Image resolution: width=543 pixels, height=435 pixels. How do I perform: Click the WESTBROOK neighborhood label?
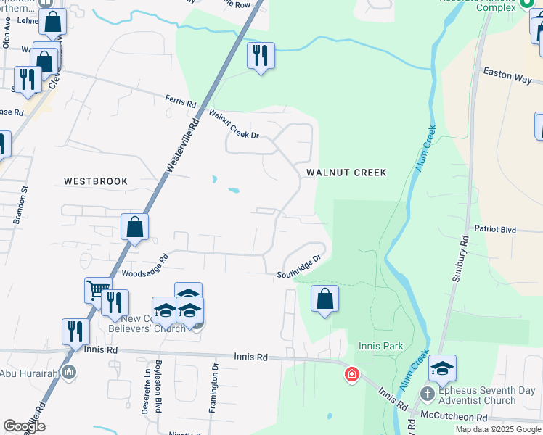[x=95, y=181]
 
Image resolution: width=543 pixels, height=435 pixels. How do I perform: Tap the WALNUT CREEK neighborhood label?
[x=346, y=173]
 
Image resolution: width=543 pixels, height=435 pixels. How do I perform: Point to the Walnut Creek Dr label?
[x=234, y=124]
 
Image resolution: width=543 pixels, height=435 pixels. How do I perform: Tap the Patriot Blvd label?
[x=495, y=229]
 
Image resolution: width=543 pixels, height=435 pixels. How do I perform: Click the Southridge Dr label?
[x=298, y=267]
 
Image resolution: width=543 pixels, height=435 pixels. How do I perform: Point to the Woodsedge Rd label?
[x=144, y=266]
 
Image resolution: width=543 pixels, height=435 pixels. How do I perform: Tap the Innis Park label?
[x=380, y=347]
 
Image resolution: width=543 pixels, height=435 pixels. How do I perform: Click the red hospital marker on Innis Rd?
[x=351, y=375]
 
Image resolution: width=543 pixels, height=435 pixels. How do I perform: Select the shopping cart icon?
[x=97, y=290]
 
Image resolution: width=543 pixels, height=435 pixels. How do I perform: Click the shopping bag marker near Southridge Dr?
[x=324, y=298]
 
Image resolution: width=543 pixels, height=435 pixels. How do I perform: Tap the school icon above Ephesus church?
[x=442, y=368]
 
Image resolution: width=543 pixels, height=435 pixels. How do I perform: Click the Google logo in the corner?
[x=24, y=426]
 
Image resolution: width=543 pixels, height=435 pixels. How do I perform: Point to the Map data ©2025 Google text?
[x=497, y=429]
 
